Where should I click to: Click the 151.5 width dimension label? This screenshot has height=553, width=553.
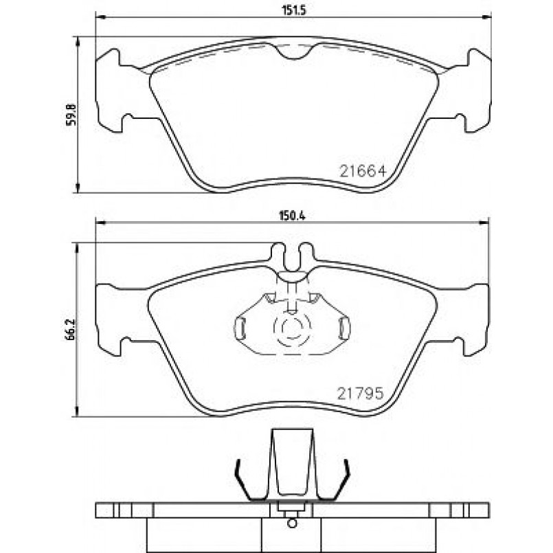coord(293,10)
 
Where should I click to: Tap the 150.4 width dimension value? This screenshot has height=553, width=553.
coord(292,216)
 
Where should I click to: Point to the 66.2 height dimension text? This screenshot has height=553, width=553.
coord(70,329)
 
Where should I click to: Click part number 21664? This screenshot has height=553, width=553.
coord(363,172)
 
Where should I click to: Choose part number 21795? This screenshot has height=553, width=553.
coord(360,393)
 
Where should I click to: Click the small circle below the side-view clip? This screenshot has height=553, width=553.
coord(292,523)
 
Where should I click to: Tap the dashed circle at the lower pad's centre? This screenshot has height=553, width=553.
coord(293,327)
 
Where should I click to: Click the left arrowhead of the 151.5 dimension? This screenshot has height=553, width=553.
coord(100,17)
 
